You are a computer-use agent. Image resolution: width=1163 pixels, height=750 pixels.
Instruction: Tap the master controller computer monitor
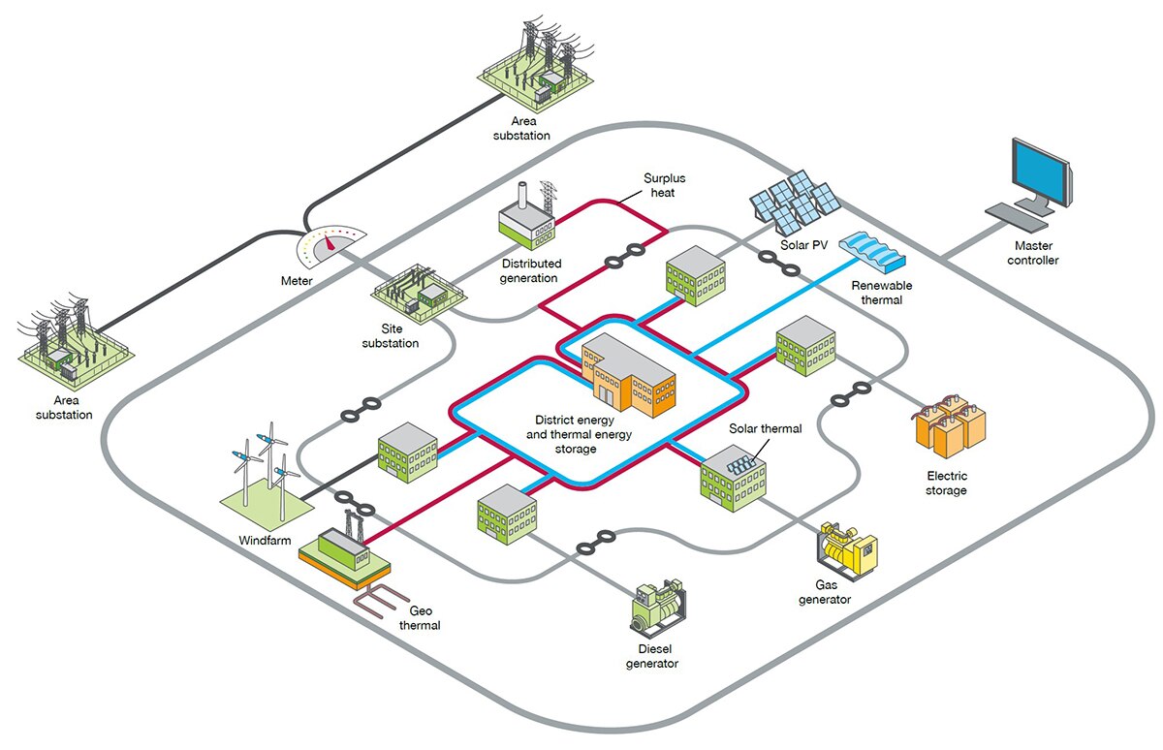(x=1040, y=175)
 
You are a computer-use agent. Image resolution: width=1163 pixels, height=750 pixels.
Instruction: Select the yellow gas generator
(x=846, y=550)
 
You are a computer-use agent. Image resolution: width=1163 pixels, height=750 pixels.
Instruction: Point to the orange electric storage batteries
(x=950, y=425)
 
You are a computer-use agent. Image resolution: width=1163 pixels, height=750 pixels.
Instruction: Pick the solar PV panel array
(x=795, y=203)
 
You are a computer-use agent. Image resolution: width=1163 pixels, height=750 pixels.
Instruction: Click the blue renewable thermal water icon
(x=872, y=252)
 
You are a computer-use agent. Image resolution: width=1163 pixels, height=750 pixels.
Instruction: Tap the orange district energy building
(x=628, y=375)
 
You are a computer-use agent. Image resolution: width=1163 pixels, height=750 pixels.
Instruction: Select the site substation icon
(x=419, y=294)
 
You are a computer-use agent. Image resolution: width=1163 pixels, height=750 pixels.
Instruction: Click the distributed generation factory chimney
(x=522, y=195)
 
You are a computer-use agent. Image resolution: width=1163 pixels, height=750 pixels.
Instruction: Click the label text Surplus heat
(x=664, y=185)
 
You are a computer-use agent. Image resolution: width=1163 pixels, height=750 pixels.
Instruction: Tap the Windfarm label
(x=265, y=541)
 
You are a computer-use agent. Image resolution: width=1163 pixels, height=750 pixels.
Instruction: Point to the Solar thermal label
(x=766, y=428)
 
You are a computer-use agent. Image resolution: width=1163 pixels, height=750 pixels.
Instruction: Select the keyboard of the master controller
(x=1016, y=217)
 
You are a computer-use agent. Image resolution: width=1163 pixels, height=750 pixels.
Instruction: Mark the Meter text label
(x=297, y=281)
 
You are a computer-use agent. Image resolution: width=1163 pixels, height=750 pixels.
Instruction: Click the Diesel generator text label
(x=652, y=656)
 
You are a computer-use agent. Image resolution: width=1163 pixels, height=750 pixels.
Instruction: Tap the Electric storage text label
(x=947, y=484)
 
